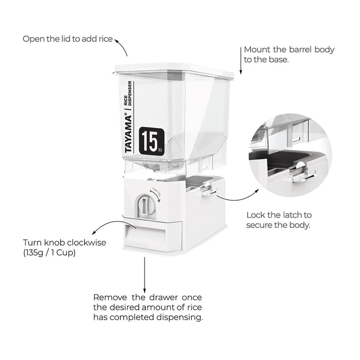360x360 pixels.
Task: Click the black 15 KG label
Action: click(152, 141)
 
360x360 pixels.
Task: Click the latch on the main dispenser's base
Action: click(207, 190)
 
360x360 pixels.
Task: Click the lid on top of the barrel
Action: click(174, 70)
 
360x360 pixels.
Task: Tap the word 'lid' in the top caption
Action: click(66, 39)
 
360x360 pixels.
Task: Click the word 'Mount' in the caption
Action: click(256, 49)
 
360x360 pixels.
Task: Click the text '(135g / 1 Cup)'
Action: click(49, 253)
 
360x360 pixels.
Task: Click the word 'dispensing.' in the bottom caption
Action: click(182, 317)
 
